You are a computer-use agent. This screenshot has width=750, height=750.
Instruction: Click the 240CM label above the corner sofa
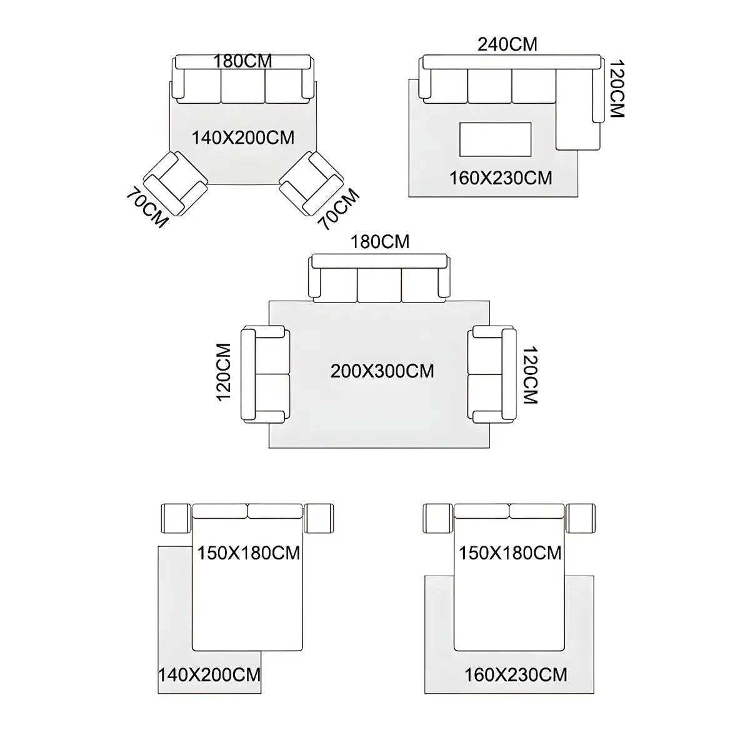click(507, 44)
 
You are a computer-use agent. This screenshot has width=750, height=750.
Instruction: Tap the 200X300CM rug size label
click(382, 371)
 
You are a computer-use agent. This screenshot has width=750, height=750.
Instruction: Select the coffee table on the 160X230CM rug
click(496, 139)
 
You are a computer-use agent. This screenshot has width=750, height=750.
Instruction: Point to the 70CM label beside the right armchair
click(339, 209)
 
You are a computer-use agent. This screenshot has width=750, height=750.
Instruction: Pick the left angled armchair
click(176, 183)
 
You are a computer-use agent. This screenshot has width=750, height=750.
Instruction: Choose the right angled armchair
click(312, 183)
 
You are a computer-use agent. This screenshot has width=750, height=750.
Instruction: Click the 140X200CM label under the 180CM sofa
click(243, 137)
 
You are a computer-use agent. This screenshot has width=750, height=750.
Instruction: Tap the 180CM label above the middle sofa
click(380, 242)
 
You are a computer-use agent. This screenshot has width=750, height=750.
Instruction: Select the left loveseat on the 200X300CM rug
click(266, 374)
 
